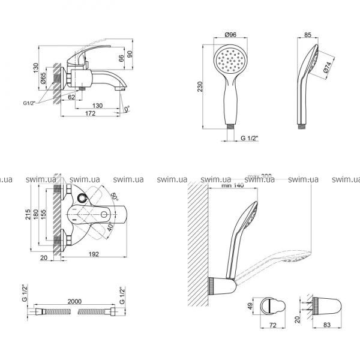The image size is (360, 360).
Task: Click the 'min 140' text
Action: [x=232, y=186]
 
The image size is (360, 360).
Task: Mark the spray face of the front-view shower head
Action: [x=230, y=62]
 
